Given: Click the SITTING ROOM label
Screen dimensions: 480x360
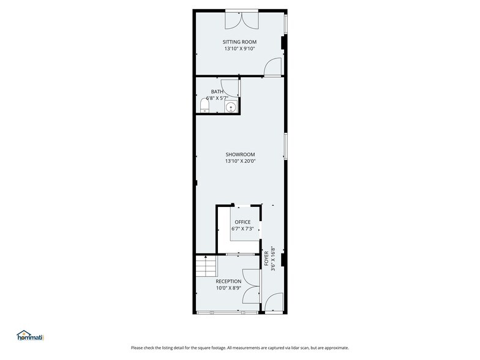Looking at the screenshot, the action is pos(239,42).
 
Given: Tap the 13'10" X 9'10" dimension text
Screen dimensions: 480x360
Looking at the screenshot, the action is pos(240,49).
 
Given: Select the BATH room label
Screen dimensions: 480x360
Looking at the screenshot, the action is pos(217,92).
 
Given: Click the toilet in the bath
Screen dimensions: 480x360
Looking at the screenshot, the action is pos(204,105).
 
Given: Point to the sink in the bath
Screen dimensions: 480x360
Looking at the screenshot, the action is pos(231,107).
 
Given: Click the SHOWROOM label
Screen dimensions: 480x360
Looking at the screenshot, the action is pos(240,154).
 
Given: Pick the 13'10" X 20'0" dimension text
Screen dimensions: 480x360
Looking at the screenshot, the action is pos(240,161).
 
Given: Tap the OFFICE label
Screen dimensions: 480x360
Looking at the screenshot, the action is pos(242,222).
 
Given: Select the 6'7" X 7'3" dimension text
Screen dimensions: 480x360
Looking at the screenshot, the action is pos(242,228).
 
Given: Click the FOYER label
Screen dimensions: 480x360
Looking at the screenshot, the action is pos(266,258).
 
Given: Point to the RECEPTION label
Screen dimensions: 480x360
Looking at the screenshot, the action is pos(228,282).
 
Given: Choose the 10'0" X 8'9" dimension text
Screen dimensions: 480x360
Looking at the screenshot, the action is pos(229,288).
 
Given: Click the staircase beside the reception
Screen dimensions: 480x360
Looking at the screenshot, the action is pos(206,266).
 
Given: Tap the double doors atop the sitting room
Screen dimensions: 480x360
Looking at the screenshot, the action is pos(242,20).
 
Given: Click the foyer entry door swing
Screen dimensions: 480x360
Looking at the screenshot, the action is pos(274,302).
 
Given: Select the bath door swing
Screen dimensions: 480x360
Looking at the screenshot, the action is pos(230,88).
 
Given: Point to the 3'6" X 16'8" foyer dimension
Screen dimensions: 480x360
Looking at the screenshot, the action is pos(273,258).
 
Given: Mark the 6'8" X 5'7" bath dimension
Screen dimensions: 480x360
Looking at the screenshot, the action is pos(217,98).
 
